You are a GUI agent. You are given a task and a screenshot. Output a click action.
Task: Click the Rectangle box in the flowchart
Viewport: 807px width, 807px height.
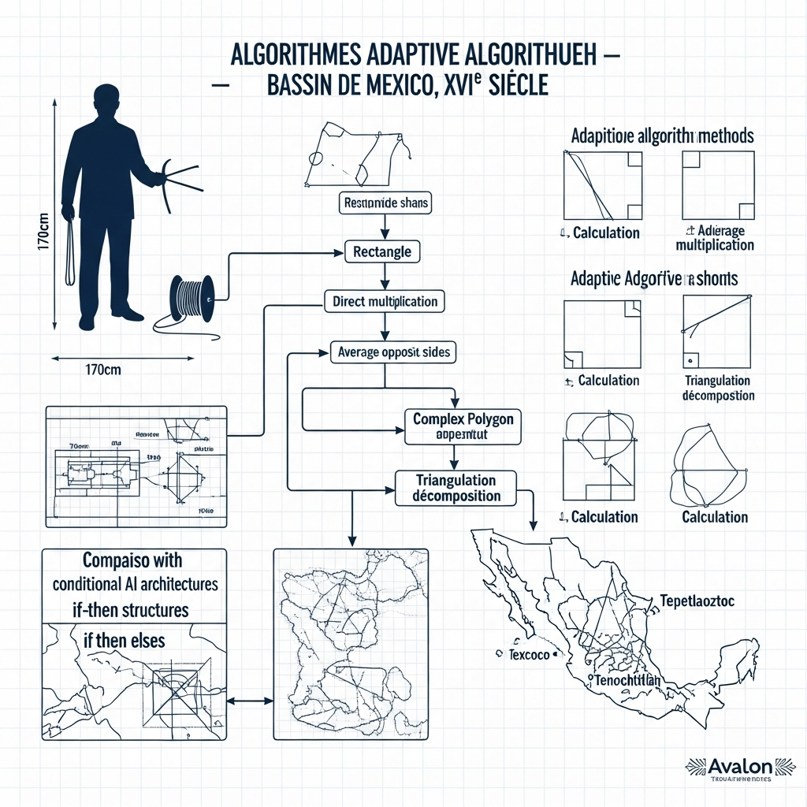pos(382,252)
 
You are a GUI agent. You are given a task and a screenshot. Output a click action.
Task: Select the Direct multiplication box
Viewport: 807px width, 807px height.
pos(385,301)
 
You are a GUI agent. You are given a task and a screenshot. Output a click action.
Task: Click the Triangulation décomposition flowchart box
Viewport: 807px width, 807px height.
pos(456,488)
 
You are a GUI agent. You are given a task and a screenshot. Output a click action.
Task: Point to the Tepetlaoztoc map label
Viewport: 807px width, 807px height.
pos(697,601)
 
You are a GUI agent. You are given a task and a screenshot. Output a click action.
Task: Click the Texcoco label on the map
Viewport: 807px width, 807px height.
pos(528,655)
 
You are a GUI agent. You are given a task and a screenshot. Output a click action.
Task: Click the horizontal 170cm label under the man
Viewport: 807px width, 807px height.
pos(101,370)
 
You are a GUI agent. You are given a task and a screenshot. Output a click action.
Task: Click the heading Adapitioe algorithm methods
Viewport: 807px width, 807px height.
pos(662,136)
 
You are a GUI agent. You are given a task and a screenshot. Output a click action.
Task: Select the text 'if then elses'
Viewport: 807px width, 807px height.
pos(125,641)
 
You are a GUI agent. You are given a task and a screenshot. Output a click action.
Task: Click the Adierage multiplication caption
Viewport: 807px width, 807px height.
pos(715,238)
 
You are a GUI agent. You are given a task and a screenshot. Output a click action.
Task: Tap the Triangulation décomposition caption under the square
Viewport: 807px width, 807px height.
pos(717,387)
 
